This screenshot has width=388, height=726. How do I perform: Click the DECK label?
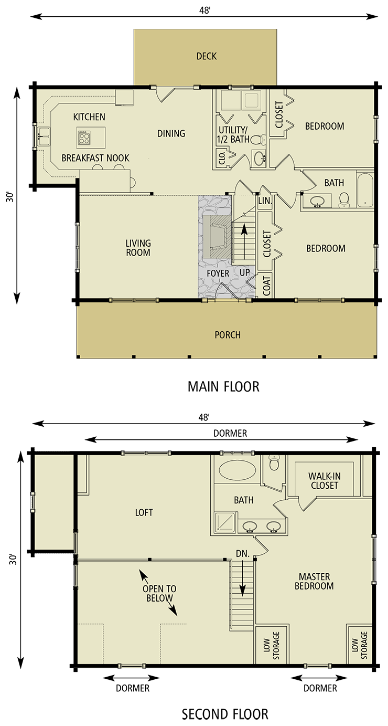(x=206, y=56)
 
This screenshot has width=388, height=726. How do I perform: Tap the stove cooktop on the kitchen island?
(x=84, y=139)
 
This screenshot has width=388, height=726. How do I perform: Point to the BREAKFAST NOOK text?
(x=95, y=158)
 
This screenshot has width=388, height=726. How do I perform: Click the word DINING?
(x=171, y=133)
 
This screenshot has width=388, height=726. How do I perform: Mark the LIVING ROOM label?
(x=138, y=248)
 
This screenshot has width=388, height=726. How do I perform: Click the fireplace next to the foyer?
(x=216, y=236)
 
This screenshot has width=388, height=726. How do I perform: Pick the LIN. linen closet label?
(x=264, y=201)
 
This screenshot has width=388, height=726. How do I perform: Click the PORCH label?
(x=228, y=334)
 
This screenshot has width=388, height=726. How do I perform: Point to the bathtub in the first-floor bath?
(x=364, y=190)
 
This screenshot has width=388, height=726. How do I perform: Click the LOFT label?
(x=144, y=512)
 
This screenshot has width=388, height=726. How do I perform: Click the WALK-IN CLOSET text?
(x=325, y=481)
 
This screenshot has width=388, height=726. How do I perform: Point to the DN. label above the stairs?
(x=242, y=553)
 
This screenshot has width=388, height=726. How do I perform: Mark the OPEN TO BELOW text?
(x=159, y=593)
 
